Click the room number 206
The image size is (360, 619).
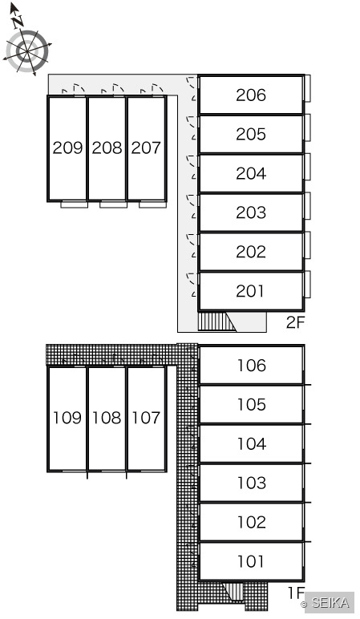pos(251,95)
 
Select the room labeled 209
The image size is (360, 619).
pos(67,148)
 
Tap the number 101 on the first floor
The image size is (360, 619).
pos(251,561)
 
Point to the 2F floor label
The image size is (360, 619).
pos(296,322)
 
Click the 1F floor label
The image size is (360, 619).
pos(296,593)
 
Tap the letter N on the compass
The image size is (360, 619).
pos(17,22)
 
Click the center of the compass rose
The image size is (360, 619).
pos(26,51)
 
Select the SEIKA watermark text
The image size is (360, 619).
pos(330,603)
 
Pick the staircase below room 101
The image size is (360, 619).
pos(234,591)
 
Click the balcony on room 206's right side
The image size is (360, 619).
pos(307,88)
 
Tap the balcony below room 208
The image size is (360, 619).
pos(113,204)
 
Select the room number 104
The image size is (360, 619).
pos(252,443)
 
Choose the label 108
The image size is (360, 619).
pos(107,418)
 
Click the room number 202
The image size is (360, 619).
pos(251,252)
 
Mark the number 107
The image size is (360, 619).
pos(146,418)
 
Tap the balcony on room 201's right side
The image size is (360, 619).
pos(307,284)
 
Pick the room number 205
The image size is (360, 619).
pos(251,134)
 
